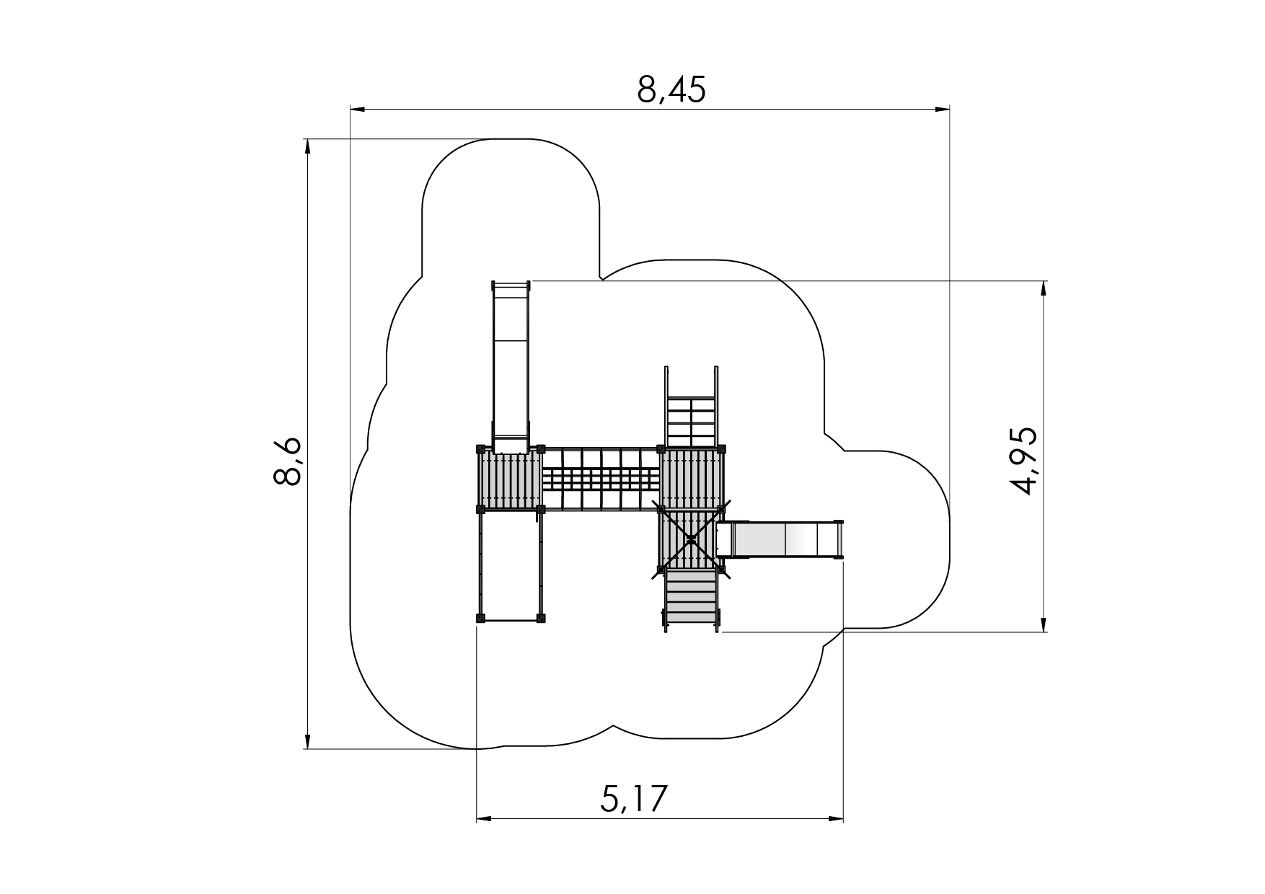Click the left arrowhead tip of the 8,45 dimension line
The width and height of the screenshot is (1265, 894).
pyautogui.click(x=351, y=110)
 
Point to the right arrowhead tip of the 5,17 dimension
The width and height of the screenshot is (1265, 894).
pyautogui.click(x=843, y=819)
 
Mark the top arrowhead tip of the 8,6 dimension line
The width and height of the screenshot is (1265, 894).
pyautogui.click(x=308, y=139)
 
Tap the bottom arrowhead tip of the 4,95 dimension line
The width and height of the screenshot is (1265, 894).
pyautogui.click(x=1044, y=632)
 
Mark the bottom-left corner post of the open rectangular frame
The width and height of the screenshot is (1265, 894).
pyautogui.click(x=480, y=617)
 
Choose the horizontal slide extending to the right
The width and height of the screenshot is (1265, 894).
pyautogui.click(x=780, y=539)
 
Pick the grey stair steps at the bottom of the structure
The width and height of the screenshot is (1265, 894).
pyautogui.click(x=691, y=600)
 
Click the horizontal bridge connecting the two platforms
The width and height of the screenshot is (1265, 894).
pyautogui.click(x=601, y=479)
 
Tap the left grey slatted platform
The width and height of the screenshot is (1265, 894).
pyautogui.click(x=510, y=479)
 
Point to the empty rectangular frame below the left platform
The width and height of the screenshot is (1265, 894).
pyautogui.click(x=511, y=565)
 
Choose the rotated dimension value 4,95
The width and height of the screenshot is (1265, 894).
pyautogui.click(x=1023, y=461)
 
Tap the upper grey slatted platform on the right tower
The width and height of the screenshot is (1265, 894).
pyautogui.click(x=691, y=479)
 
